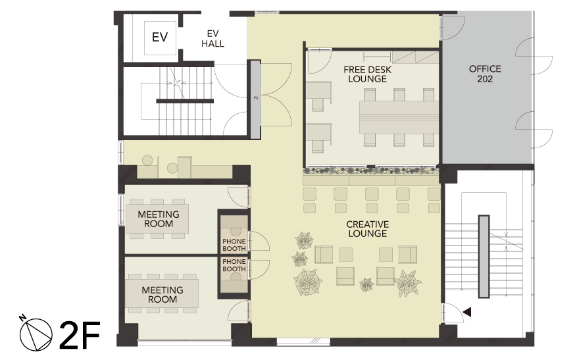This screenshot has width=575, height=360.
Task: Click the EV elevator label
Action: click(160, 37)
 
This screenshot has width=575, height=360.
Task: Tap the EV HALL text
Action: click(213, 39)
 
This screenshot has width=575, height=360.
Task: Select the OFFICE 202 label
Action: click(485, 74)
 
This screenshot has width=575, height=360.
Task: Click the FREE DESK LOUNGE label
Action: click(368, 74)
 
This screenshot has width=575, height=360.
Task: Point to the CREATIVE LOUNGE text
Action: click(368, 229)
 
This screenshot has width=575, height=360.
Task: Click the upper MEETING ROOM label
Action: click(159, 219)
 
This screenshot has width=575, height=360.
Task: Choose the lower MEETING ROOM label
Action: click(162, 295)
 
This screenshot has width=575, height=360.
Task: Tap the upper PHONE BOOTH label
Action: click(234, 245)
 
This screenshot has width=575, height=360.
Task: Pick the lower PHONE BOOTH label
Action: click(234, 265)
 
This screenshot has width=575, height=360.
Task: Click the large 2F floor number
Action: click(80, 335)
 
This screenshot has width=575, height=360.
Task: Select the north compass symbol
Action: click(36, 333)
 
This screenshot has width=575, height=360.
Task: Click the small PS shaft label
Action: click(256, 98)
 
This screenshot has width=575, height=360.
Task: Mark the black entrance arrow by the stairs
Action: click(467, 312)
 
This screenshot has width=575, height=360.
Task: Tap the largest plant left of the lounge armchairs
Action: click(307, 282)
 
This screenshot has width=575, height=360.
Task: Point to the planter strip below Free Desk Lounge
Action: click(371, 170)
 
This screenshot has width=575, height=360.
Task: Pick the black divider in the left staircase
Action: click(185, 101)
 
